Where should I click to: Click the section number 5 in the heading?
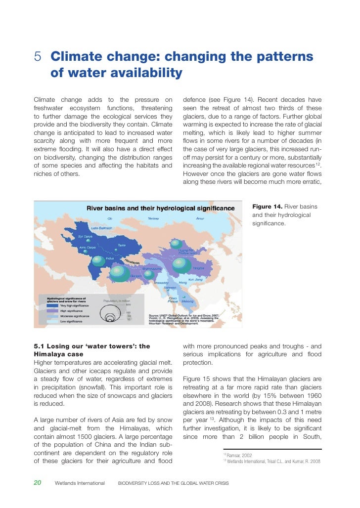pos(38,57)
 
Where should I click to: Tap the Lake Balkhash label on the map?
pos(102,228)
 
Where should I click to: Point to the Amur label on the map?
pos(200,218)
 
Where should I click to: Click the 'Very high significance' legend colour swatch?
pos(53,305)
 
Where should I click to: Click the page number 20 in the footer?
pos(38,483)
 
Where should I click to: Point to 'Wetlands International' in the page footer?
pos(80,483)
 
